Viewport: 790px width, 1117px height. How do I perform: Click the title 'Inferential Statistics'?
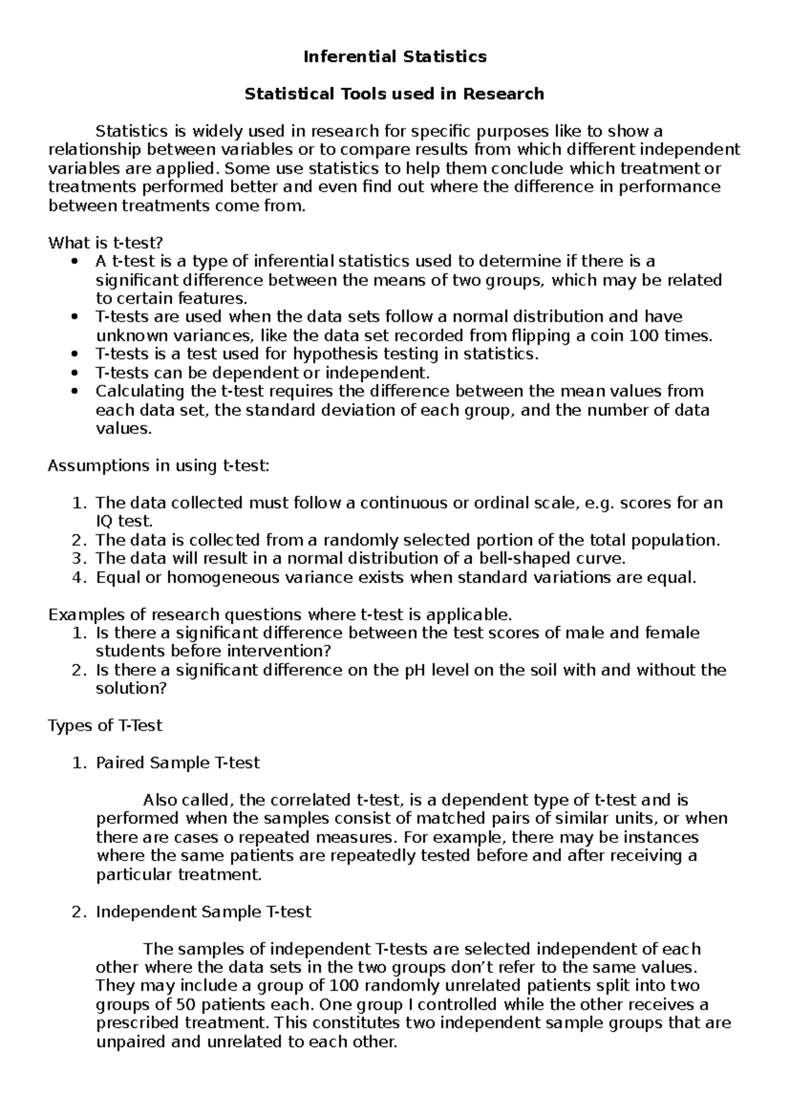pos(394,57)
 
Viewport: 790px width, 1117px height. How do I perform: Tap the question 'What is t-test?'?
pos(105,243)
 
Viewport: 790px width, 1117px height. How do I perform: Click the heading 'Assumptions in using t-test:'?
pos(159,466)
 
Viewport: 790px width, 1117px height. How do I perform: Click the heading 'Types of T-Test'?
pos(105,726)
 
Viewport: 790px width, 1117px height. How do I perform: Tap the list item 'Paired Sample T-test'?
pos(178,763)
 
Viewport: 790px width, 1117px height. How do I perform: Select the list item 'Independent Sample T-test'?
pos(203,912)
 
